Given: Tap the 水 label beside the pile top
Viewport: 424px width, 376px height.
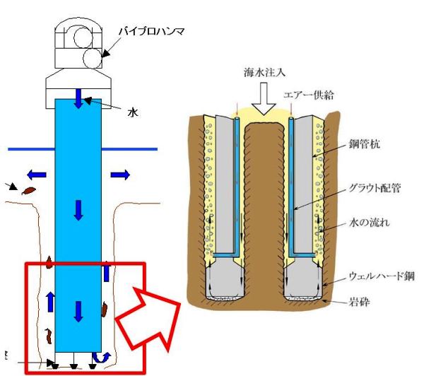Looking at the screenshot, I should [x=131, y=112].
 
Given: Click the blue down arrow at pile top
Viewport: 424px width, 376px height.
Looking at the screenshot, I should [x=78, y=98].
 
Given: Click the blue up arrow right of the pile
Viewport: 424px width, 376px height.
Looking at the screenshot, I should [x=107, y=271].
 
